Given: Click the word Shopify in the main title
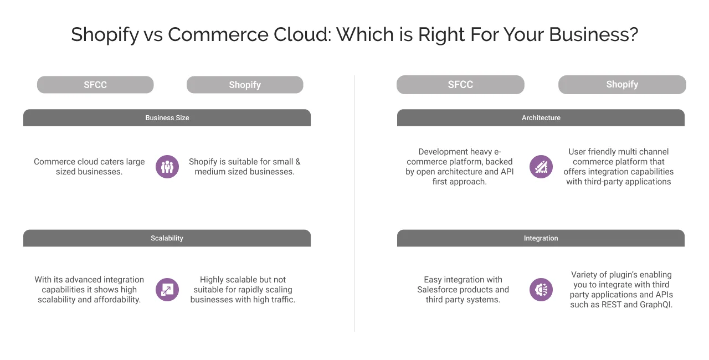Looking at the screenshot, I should click(x=105, y=35).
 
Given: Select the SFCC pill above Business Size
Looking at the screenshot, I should click(x=95, y=85).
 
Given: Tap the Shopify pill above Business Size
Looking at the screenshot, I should click(x=245, y=85).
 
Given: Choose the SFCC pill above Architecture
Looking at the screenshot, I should click(x=460, y=84).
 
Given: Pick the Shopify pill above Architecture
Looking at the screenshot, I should click(x=622, y=84).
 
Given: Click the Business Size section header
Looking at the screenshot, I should click(x=167, y=117).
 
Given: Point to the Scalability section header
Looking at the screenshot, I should click(x=167, y=238).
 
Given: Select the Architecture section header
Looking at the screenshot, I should click(x=541, y=117).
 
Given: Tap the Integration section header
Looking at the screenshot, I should click(x=541, y=238).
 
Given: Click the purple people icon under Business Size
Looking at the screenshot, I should click(x=167, y=167).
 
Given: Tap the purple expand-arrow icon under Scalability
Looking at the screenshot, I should click(x=167, y=289).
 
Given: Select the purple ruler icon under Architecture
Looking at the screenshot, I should click(x=541, y=167).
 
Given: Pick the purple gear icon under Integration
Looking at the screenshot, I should click(x=541, y=289).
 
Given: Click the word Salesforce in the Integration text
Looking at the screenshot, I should click(x=440, y=290).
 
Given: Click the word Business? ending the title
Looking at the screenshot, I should click(x=593, y=35).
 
